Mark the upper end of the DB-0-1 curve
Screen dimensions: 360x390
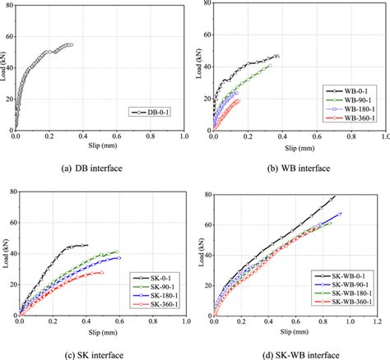[72, 44]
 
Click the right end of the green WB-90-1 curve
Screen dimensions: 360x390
[269, 66]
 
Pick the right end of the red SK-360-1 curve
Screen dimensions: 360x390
[102, 272]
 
